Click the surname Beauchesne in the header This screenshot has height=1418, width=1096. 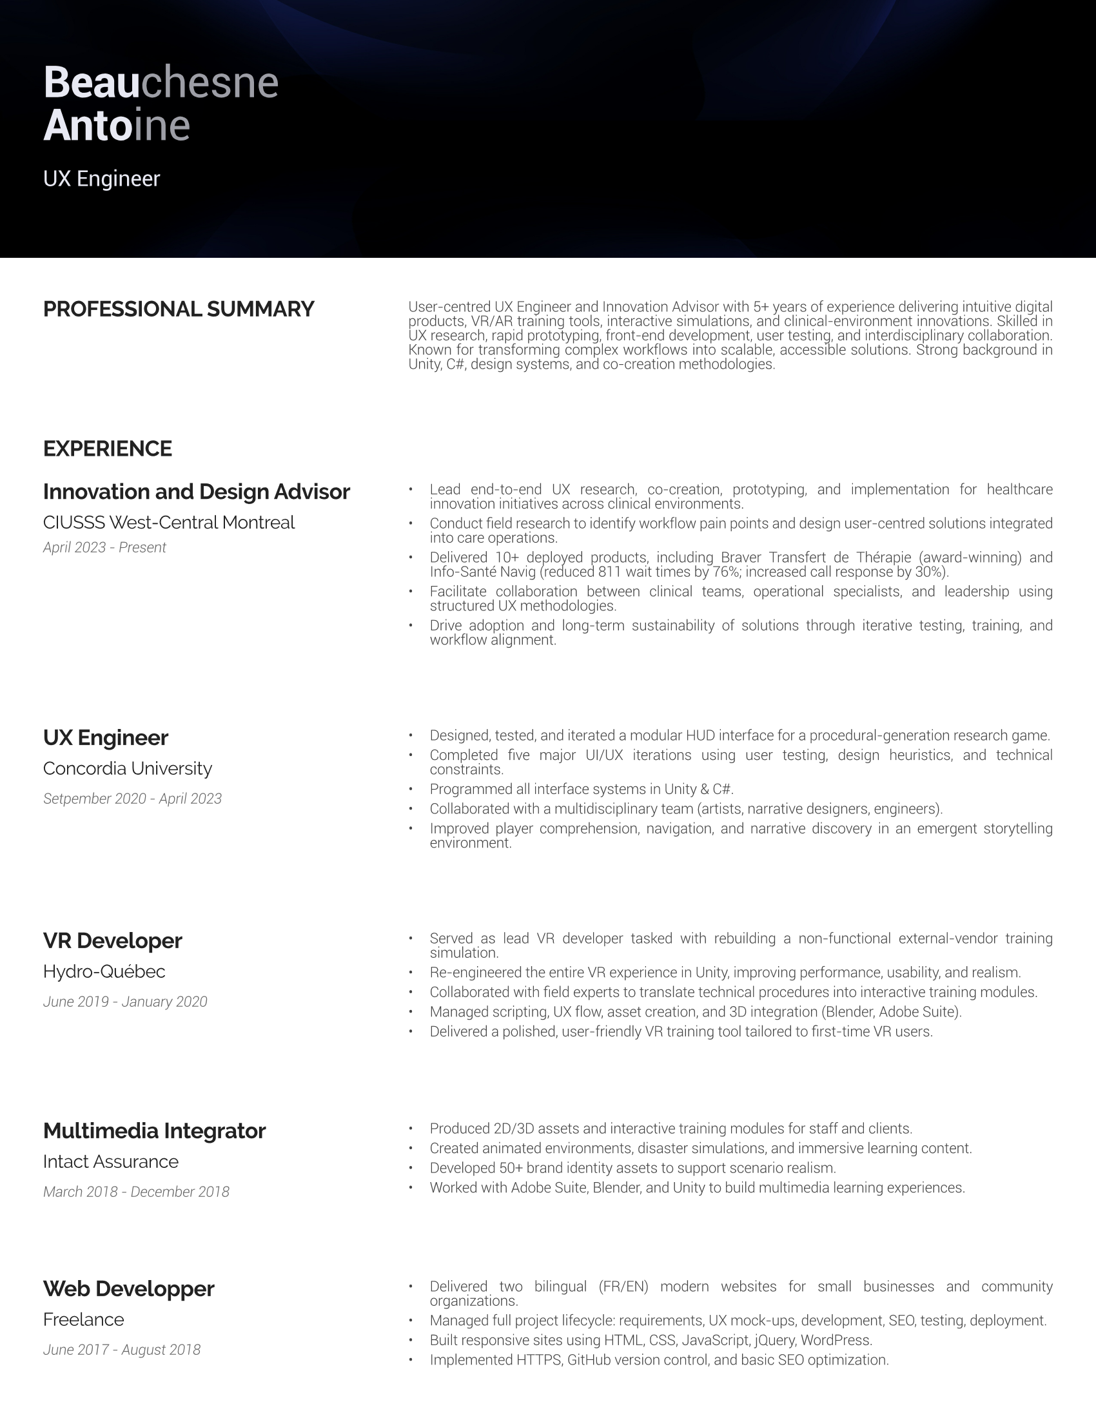pyautogui.click(x=161, y=83)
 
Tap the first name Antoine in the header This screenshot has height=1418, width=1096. pyautogui.click(x=116, y=125)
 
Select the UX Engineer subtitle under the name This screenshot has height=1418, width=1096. pyautogui.click(x=101, y=179)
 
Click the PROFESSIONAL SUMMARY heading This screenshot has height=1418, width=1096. pyautogui.click(x=179, y=309)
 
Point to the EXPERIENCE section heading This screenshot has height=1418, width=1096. pyautogui.click(x=107, y=449)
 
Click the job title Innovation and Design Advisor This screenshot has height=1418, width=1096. pyautogui.click(x=196, y=492)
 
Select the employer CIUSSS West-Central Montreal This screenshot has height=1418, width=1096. pyautogui.click(x=169, y=523)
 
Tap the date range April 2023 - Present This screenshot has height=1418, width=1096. pyautogui.click(x=104, y=547)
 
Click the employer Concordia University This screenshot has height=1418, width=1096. pyautogui.click(x=127, y=769)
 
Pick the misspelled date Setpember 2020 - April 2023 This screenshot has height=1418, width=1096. pyautogui.click(x=132, y=799)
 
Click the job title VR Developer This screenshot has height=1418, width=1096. pyautogui.click(x=112, y=941)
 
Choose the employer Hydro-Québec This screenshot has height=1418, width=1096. pyautogui.click(x=104, y=971)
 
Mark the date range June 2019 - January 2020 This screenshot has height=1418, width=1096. pyautogui.click(x=125, y=1002)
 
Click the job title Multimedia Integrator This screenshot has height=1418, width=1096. pyautogui.click(x=155, y=1131)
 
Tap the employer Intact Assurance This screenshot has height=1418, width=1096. pyautogui.click(x=110, y=1161)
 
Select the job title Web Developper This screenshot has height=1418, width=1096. pyautogui.click(x=128, y=1289)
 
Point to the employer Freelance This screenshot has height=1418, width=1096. pyautogui.click(x=83, y=1319)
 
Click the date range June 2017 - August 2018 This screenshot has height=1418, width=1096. pyautogui.click(x=122, y=1350)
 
